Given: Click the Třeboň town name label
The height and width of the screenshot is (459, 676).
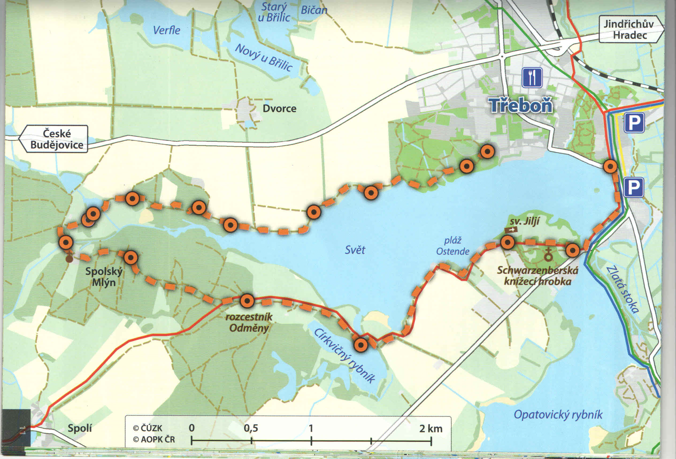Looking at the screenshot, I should pyautogui.click(x=521, y=105).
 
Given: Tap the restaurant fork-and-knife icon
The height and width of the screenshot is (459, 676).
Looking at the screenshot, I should pyautogui.click(x=532, y=77).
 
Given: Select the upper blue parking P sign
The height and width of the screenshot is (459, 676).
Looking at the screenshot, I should pyautogui.click(x=634, y=123).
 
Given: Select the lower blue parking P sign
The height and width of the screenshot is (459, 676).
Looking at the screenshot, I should pyautogui.click(x=633, y=188).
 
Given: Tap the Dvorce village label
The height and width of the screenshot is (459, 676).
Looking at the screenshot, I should pyautogui.click(x=279, y=109).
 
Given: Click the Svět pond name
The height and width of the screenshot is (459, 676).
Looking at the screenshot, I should pyautogui.click(x=355, y=250).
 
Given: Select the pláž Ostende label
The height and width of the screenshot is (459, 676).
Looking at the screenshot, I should pyautogui.click(x=452, y=246).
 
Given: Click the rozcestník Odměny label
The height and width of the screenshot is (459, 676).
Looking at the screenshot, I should pyautogui.click(x=249, y=322).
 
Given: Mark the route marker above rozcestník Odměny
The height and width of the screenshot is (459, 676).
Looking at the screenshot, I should pyautogui.click(x=247, y=301).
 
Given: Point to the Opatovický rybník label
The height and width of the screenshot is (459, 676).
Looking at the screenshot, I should pyautogui.click(x=558, y=415).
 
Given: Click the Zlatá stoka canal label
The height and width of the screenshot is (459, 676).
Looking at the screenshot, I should pyautogui.click(x=623, y=290).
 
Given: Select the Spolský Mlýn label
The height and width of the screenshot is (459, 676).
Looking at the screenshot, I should pyautogui.click(x=104, y=277).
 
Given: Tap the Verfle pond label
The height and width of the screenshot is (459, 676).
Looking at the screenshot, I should pyautogui.click(x=167, y=30).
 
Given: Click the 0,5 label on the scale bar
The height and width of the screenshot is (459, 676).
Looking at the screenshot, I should pyautogui.click(x=251, y=428).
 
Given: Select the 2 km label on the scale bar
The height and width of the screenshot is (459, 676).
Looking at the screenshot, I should pyautogui.click(x=431, y=428).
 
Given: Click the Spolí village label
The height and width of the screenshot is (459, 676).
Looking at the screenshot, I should pyautogui.click(x=79, y=428).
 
